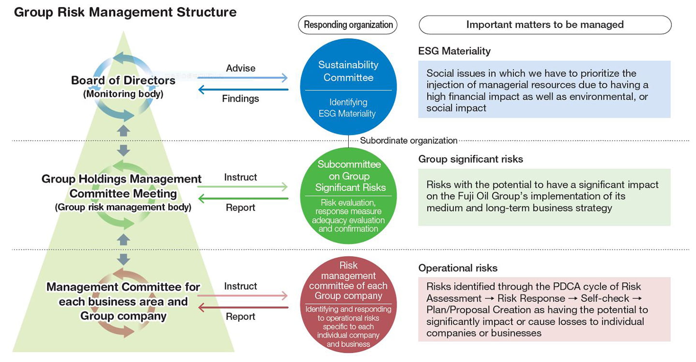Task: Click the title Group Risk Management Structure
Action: coord(125,12)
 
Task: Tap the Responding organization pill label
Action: coord(348,25)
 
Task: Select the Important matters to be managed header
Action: coord(545,25)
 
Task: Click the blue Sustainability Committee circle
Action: coord(348,87)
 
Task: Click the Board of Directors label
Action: coord(123,80)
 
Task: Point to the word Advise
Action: coord(240,68)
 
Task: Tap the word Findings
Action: coord(240,99)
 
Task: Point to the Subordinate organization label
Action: coord(409,141)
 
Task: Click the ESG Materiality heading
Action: coord(454,51)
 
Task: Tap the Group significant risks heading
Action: coord(470,159)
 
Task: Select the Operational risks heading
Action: coord(458,268)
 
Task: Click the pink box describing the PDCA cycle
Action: coord(544,310)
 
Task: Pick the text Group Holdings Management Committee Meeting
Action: coord(122,186)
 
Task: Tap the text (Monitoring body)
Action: coord(123,94)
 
